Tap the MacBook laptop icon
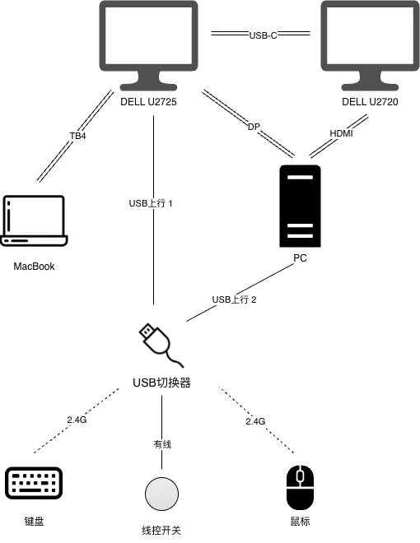point(34,220)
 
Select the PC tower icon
point(300,206)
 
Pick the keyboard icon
point(34,483)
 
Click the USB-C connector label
point(261,35)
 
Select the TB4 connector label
point(77,136)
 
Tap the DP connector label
point(254,127)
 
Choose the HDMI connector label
point(341,133)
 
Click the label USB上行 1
point(151,203)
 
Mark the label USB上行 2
point(235,299)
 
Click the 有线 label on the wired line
point(161,444)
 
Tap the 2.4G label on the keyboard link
point(77,420)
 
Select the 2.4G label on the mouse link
point(255,421)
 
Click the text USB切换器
point(161,383)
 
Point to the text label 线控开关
point(161,530)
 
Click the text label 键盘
point(34,522)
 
